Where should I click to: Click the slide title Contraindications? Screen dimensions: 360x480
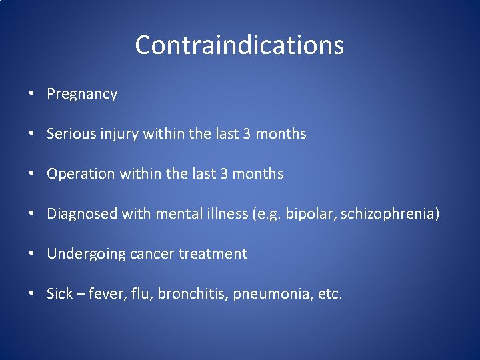coord(239,45)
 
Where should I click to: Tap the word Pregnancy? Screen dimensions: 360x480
coord(82,95)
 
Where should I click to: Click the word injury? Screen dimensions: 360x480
coord(119,135)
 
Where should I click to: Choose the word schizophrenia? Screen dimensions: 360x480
coord(390,215)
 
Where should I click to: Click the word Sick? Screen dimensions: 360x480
coord(59,294)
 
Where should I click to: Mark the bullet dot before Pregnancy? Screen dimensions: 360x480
coord(33,94)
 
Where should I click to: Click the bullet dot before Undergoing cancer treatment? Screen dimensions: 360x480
coord(33,254)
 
